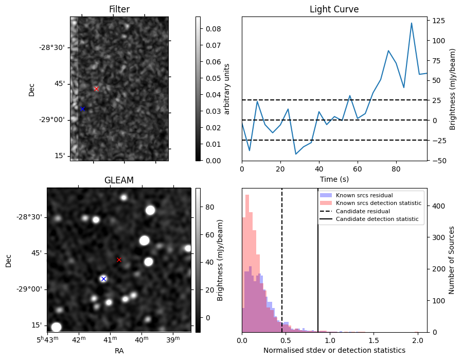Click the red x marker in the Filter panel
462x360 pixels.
[x=96, y=89]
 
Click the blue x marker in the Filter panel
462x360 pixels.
[x=82, y=109]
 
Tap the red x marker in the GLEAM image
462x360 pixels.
[x=119, y=260]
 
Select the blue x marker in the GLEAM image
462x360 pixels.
[x=103, y=279]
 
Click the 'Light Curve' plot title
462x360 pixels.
[x=334, y=9]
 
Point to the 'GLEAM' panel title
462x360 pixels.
[x=119, y=180]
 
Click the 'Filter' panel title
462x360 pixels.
[x=119, y=9]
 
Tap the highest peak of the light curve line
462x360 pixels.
[x=412, y=23]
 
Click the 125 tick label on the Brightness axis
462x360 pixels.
[x=439, y=21]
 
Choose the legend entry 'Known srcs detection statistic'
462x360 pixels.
[x=378, y=203]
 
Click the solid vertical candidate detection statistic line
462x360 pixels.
[x=318, y=268]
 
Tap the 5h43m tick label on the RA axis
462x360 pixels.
[x=47, y=340]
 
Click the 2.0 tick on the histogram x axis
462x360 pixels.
[x=418, y=340]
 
